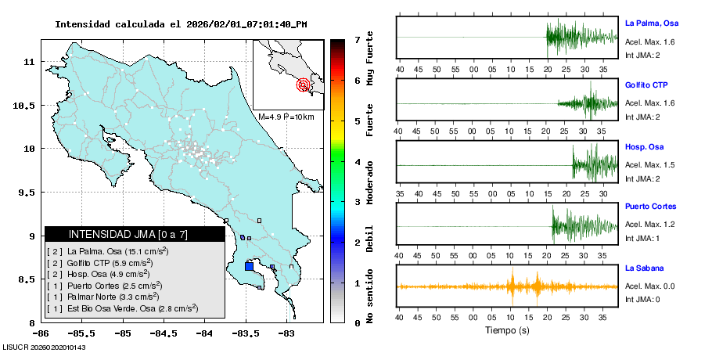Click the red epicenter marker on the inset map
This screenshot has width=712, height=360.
pyautogui.click(x=303, y=85)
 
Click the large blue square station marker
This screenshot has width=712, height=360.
pyautogui.click(x=249, y=266)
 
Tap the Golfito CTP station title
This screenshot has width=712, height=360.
pyautogui.click(x=646, y=85)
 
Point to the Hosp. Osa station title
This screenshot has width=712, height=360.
pyautogui.click(x=644, y=147)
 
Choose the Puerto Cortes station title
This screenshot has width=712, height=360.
pyautogui.click(x=650, y=207)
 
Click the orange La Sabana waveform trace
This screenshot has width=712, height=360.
pyautogui.click(x=509, y=286)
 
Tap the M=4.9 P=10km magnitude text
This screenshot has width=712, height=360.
pyautogui.click(x=286, y=117)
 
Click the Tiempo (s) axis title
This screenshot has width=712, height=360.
pyautogui.click(x=508, y=330)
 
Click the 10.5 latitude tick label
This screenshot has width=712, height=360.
pyautogui.click(x=26, y=106)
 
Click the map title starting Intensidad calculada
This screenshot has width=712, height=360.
pyautogui.click(x=181, y=24)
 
